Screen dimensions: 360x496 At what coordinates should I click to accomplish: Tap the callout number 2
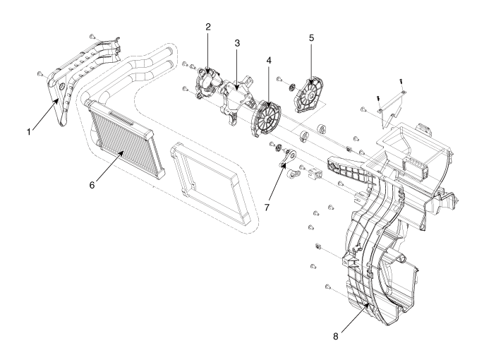(209, 28)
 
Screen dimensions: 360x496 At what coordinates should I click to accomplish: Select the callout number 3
(238, 43)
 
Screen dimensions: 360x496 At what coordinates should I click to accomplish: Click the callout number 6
(91, 185)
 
